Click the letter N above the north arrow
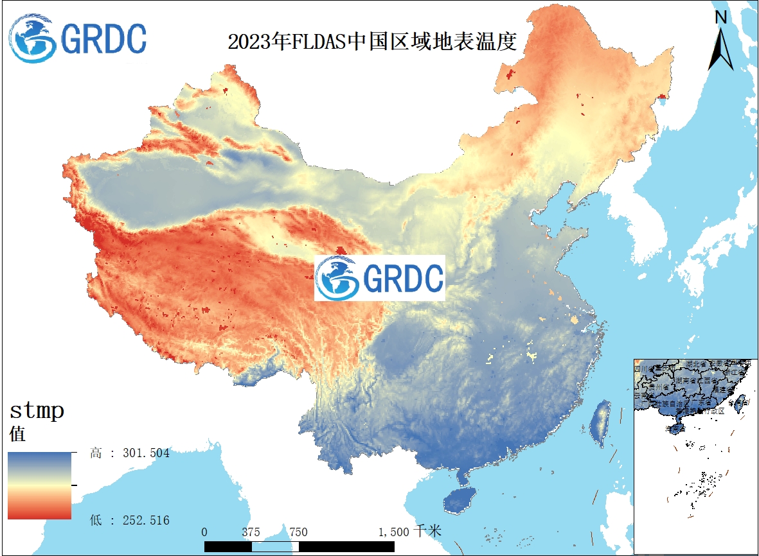[x=721, y=17]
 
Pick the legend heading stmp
[x=37, y=410]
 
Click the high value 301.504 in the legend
[x=146, y=453]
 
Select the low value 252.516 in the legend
[x=146, y=520]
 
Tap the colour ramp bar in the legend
[x=39, y=485]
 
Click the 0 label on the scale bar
[x=204, y=532]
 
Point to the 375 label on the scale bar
[x=251, y=532]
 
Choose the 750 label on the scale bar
[x=298, y=532]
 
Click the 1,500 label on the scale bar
[x=393, y=532]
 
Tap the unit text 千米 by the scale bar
[x=429, y=532]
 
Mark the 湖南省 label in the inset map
[x=685, y=380]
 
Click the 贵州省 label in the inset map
[x=659, y=387]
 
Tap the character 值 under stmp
[x=17, y=434]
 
